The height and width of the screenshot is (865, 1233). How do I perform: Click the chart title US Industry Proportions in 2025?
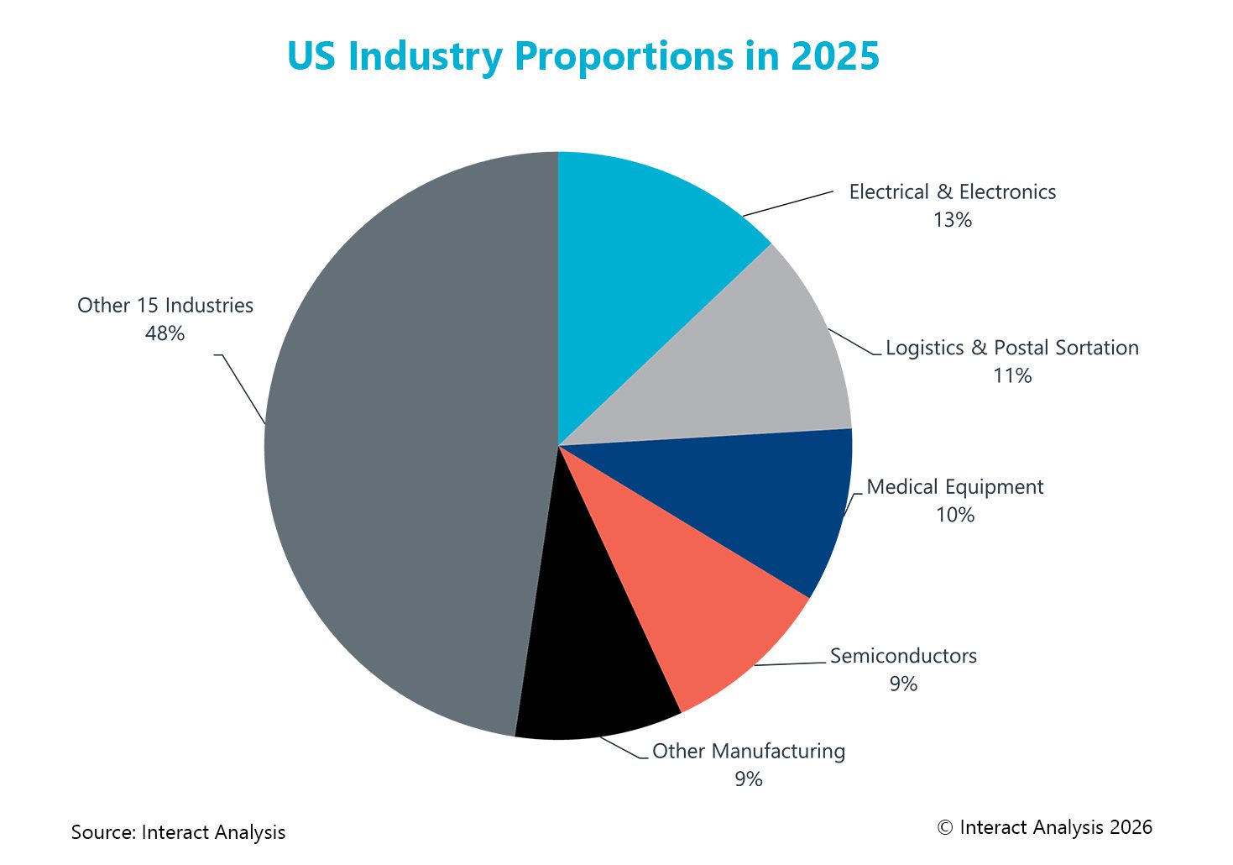tap(583, 56)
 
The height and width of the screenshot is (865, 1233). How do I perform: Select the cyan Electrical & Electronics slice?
tap(646, 269)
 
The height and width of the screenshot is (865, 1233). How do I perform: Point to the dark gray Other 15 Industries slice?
tap(403, 445)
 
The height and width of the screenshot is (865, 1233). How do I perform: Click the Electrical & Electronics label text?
tap(952, 192)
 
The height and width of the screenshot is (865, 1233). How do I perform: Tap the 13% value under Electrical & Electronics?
tap(952, 220)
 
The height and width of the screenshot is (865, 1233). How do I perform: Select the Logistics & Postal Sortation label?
tap(1011, 348)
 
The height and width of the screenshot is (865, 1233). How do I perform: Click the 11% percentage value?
tap(1011, 376)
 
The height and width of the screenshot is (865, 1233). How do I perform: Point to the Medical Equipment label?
tap(954, 487)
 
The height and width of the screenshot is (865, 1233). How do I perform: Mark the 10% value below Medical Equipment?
tap(954, 515)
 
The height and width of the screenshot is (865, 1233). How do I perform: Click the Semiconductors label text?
tap(903, 656)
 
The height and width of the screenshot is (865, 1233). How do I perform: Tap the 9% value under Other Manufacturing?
tap(748, 779)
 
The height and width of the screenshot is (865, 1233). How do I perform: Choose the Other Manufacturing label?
tap(748, 751)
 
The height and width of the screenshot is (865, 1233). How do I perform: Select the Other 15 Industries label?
tap(165, 306)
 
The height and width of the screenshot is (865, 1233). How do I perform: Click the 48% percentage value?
tap(165, 333)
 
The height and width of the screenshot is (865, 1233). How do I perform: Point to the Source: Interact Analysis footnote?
tap(178, 832)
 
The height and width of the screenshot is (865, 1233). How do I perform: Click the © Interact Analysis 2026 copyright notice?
tap(1044, 827)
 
